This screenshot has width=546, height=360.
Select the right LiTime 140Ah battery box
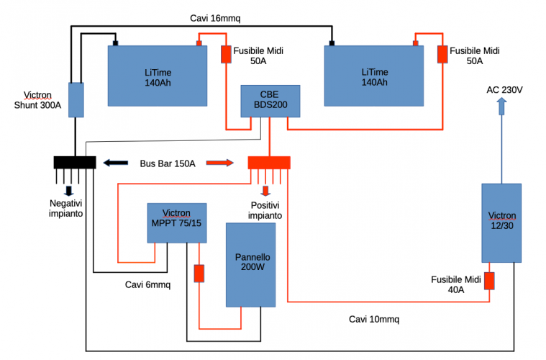(x=371, y=76)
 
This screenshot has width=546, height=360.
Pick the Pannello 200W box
(x=251, y=264)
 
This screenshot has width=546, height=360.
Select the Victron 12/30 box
(x=501, y=222)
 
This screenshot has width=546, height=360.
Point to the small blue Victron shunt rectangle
(x=76, y=99)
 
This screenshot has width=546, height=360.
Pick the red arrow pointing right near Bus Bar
(x=220, y=163)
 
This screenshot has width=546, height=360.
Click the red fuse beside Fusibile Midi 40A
(x=489, y=280)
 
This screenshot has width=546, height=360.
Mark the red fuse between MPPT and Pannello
(x=199, y=274)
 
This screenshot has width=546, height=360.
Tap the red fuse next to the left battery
(x=225, y=55)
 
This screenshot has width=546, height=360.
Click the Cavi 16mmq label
(x=215, y=17)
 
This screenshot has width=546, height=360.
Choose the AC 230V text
(x=505, y=89)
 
